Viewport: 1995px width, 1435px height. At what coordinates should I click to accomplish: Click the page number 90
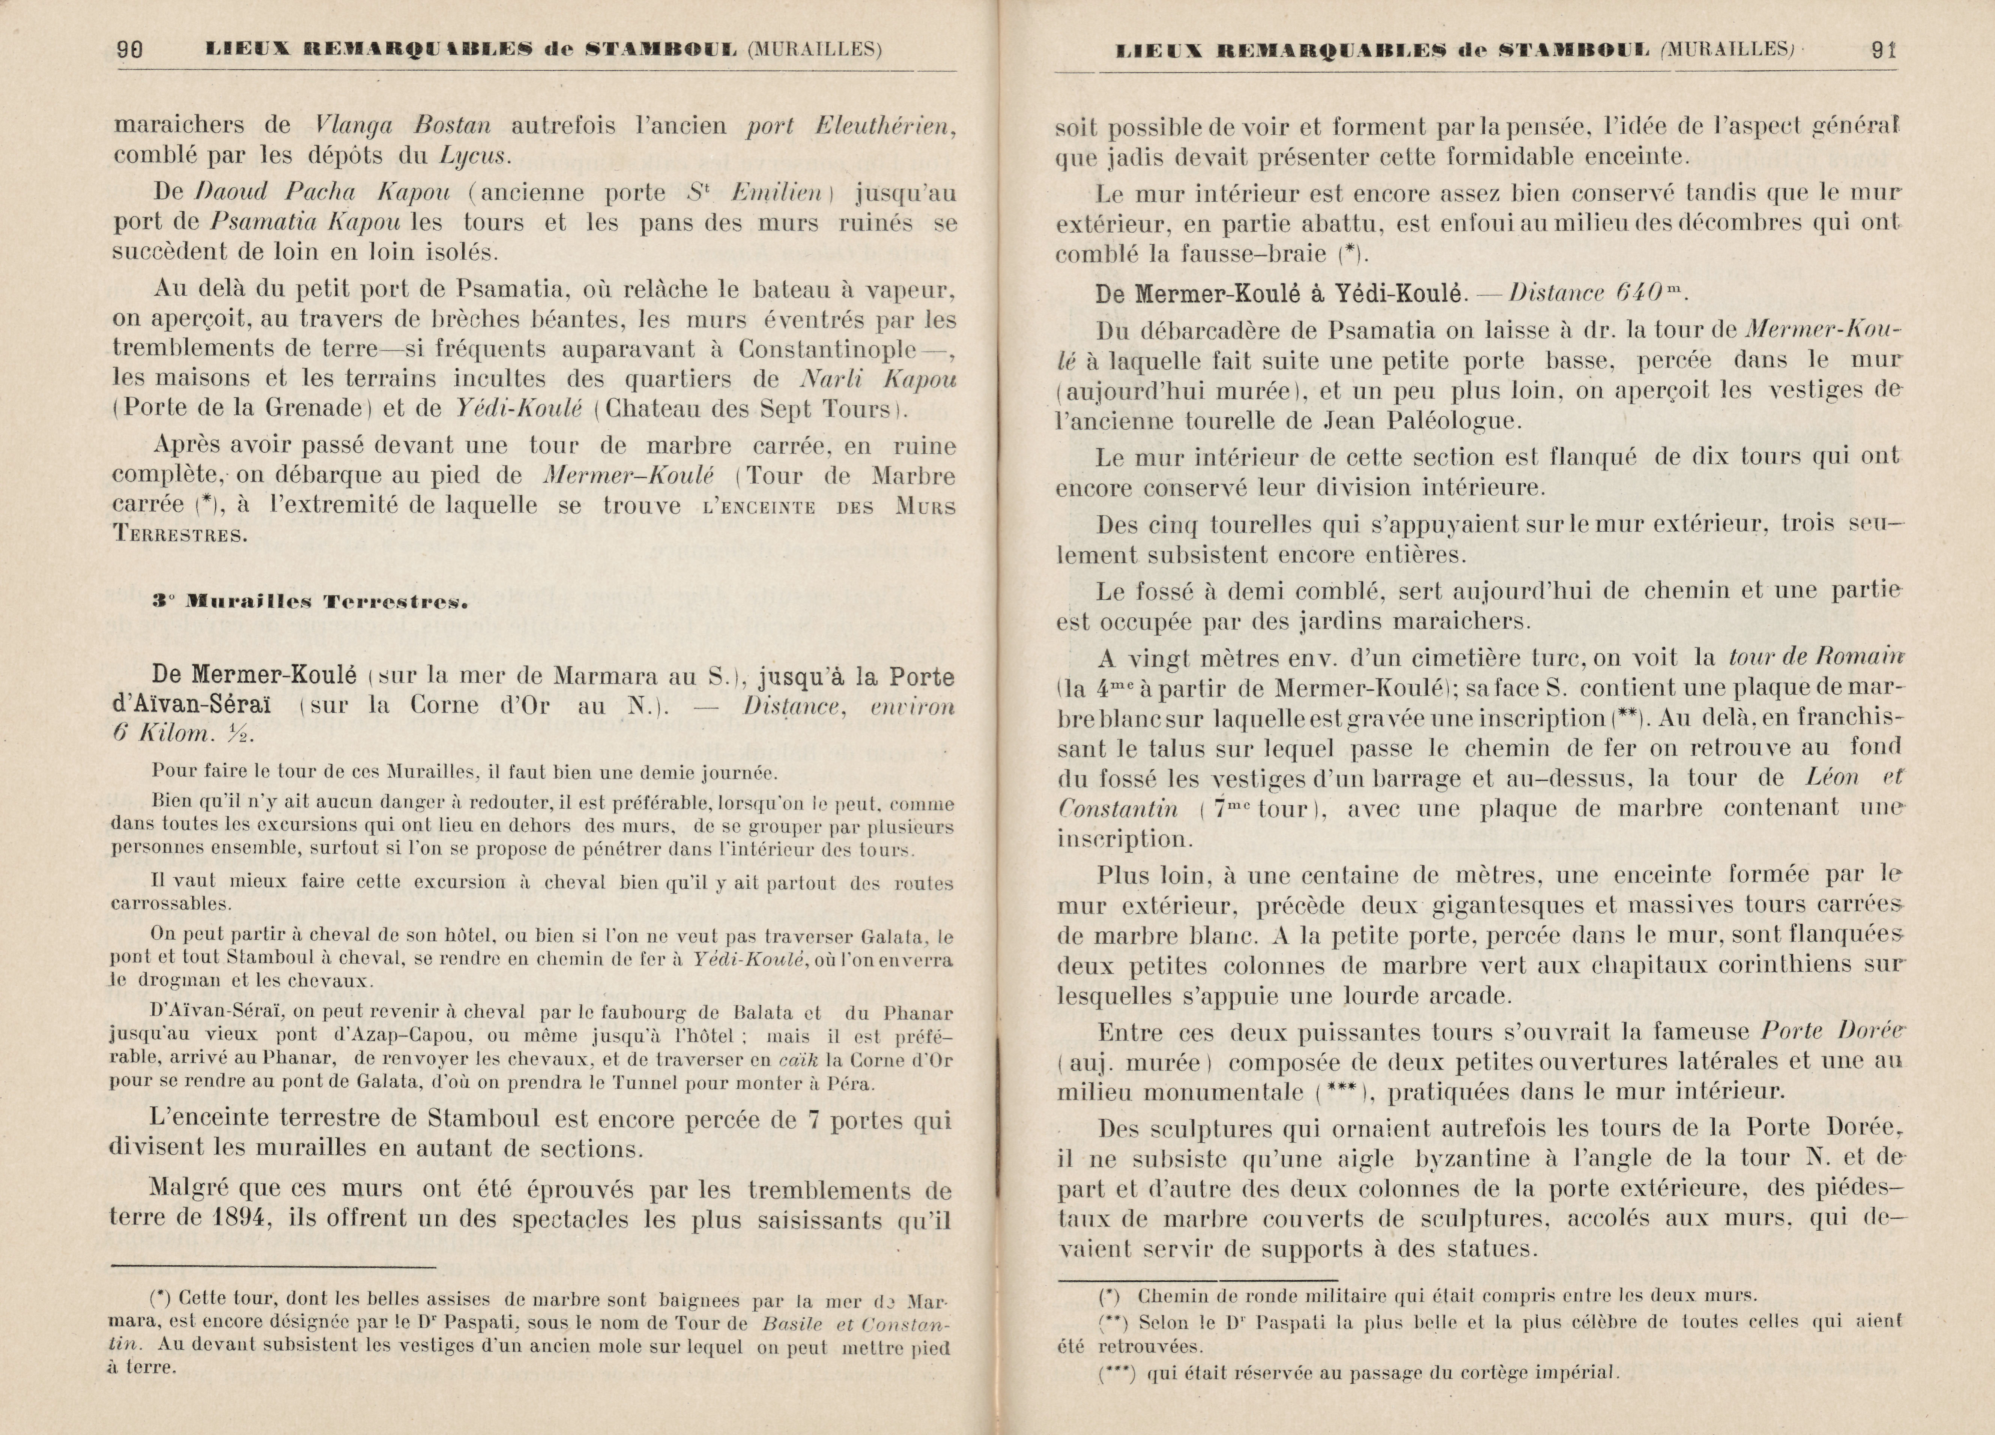pyautogui.click(x=130, y=50)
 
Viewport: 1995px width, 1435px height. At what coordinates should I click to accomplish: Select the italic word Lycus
pyautogui.click(x=476, y=156)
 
